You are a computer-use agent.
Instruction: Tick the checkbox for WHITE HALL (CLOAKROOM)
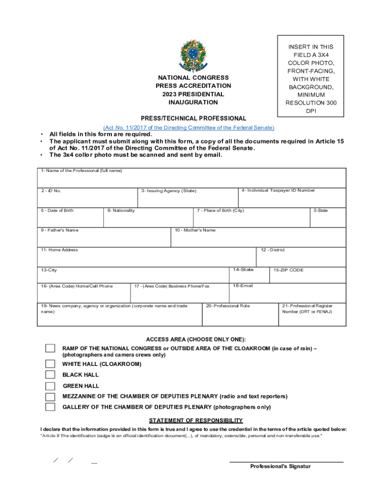tap(50, 364)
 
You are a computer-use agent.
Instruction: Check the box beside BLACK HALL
tap(50, 375)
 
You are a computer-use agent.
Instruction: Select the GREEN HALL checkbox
tap(50, 386)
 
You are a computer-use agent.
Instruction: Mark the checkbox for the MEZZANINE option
tap(50, 396)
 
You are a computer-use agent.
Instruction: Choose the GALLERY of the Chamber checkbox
tap(50, 407)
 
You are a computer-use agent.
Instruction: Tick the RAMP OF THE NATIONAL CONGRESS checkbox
tap(50, 348)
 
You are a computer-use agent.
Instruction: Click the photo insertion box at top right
tap(311, 76)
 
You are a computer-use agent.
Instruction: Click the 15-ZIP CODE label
tap(289, 270)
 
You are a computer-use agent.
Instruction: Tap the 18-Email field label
tap(243, 285)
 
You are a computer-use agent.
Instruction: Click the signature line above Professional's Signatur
tap(287, 462)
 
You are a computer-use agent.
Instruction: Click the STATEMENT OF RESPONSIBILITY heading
tap(196, 420)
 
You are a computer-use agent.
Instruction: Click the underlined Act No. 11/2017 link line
tap(189, 128)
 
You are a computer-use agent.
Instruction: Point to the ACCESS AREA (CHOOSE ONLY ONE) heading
tap(196, 340)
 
